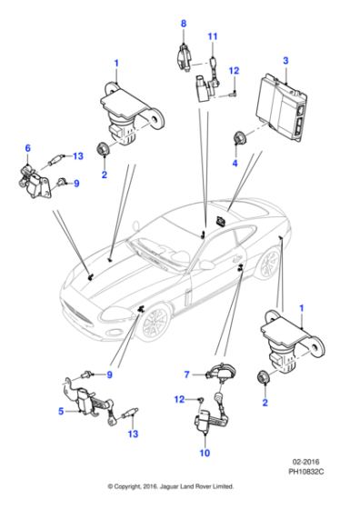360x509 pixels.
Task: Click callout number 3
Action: (x=285, y=60)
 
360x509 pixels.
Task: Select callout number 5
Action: (x=62, y=411)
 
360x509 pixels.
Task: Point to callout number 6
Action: (x=27, y=148)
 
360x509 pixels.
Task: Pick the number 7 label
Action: (x=185, y=374)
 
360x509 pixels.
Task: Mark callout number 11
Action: (x=214, y=36)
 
